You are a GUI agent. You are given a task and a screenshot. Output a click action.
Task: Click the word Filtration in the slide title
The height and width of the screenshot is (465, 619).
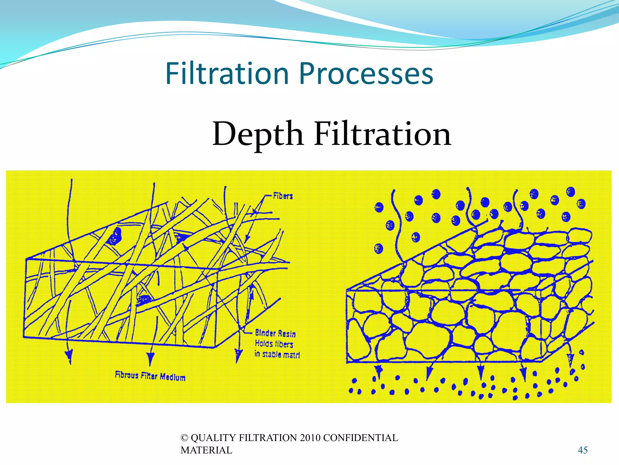coord(227,74)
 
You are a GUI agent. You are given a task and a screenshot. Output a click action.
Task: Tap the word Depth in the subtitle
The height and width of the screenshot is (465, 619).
coord(258,134)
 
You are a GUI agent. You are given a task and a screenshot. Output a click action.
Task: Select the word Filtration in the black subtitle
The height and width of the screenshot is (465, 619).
coord(383,134)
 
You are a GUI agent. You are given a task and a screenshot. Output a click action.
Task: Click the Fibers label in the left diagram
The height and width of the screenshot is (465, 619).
coord(283,196)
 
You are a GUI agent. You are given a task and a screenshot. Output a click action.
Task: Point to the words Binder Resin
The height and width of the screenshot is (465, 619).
coord(275,333)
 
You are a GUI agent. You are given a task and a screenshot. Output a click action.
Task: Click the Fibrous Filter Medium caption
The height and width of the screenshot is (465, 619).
coord(150,376)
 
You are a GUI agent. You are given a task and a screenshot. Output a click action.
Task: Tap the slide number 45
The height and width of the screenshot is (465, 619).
coord(582,450)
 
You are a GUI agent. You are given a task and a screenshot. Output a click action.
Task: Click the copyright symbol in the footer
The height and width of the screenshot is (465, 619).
coord(184,438)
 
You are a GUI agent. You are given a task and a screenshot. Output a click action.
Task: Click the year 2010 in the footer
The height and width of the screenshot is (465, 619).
coord(310,438)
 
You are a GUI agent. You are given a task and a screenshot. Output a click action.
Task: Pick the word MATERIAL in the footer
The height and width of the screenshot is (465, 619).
coord(206,450)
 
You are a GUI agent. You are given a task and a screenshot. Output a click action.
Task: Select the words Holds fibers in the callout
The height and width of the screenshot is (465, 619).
coord(274,344)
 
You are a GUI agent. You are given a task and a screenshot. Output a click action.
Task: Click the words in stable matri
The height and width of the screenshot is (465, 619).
coord(277,354)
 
